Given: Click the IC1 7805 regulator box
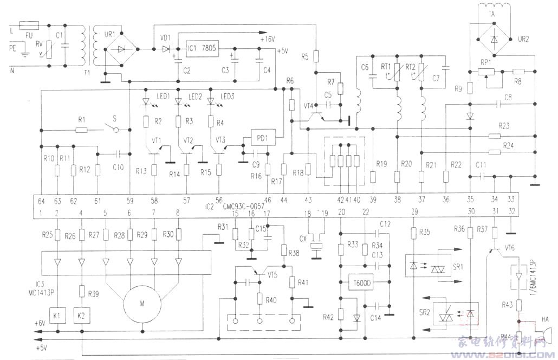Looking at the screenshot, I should (202, 48).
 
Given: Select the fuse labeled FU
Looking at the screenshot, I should (28, 25).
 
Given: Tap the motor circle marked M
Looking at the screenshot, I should (142, 304).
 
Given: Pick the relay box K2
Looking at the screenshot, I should (82, 314).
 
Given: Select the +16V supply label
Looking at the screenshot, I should (267, 39).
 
